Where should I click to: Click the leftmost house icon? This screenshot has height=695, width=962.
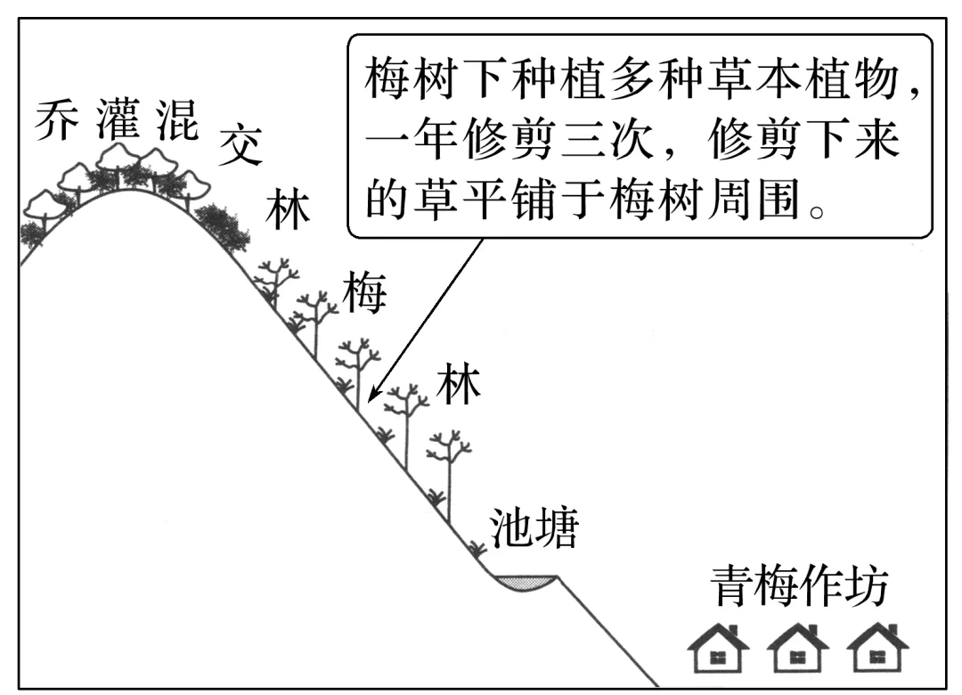click(718, 648)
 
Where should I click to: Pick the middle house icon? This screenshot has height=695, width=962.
click(797, 648)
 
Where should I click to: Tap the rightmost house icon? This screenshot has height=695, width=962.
click(876, 648)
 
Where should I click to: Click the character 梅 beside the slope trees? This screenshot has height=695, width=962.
click(366, 294)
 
